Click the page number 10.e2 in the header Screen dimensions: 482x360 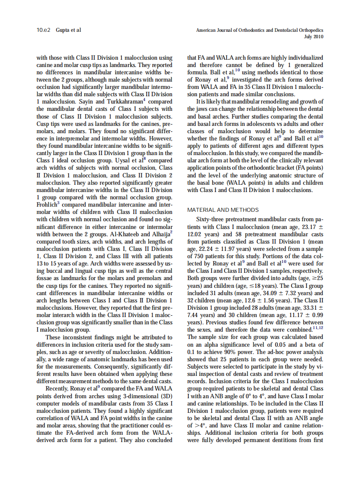coord(43,31)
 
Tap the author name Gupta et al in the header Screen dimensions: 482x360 coord(68,31)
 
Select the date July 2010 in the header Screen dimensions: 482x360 coord(314,37)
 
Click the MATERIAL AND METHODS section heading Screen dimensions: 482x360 coord(223,210)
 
